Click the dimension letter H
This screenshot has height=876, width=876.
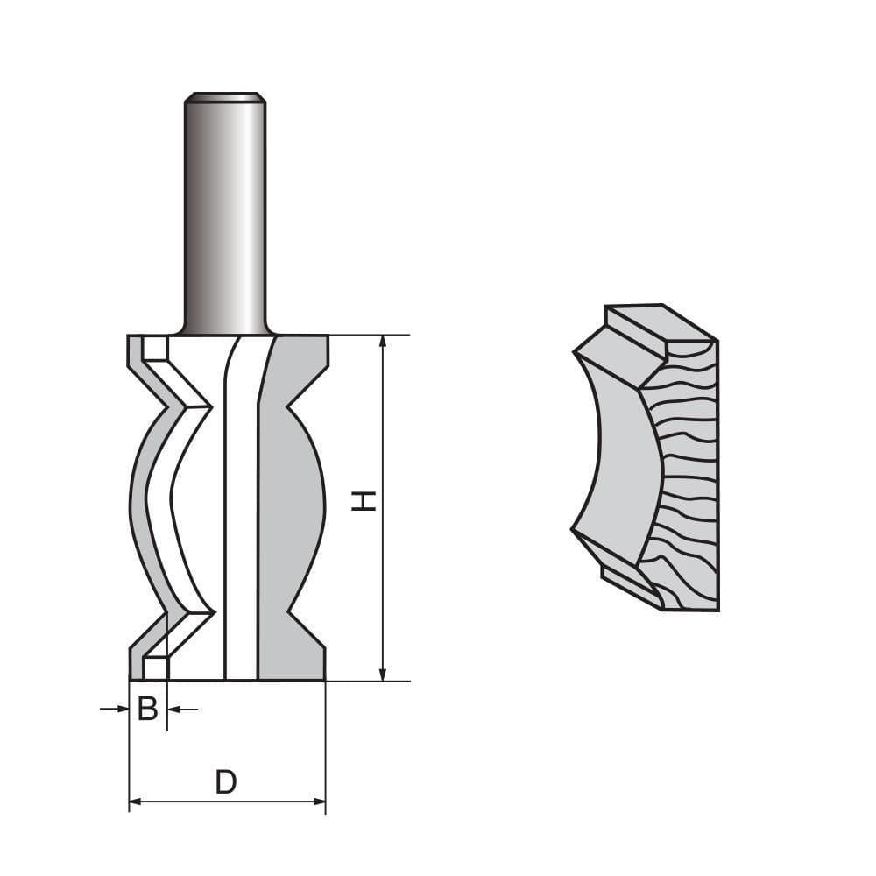(x=364, y=501)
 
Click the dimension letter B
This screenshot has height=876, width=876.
(x=147, y=709)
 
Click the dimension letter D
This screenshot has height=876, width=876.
(x=226, y=782)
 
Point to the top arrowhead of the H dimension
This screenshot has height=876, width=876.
(x=383, y=342)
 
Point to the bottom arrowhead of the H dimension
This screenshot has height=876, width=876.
(x=383, y=675)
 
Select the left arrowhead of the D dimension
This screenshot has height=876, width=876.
(x=135, y=802)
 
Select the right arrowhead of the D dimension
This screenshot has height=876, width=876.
(x=319, y=802)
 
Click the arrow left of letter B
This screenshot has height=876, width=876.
(x=115, y=709)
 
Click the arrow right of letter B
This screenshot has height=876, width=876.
(x=183, y=710)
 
